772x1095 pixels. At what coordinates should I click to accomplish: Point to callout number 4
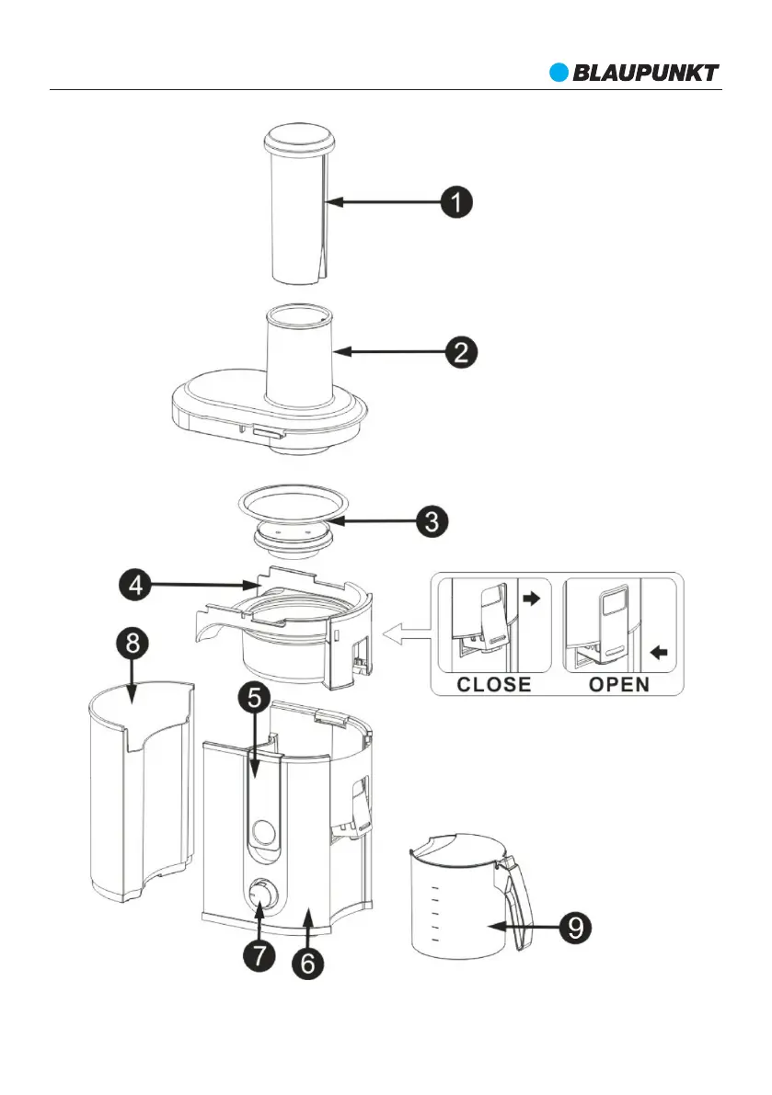tap(136, 583)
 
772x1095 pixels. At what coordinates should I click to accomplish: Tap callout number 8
tap(133, 643)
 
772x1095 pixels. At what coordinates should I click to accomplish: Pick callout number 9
tap(575, 926)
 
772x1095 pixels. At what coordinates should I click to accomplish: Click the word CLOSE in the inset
tap(495, 684)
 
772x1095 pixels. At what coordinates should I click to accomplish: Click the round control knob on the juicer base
tap(261, 893)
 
